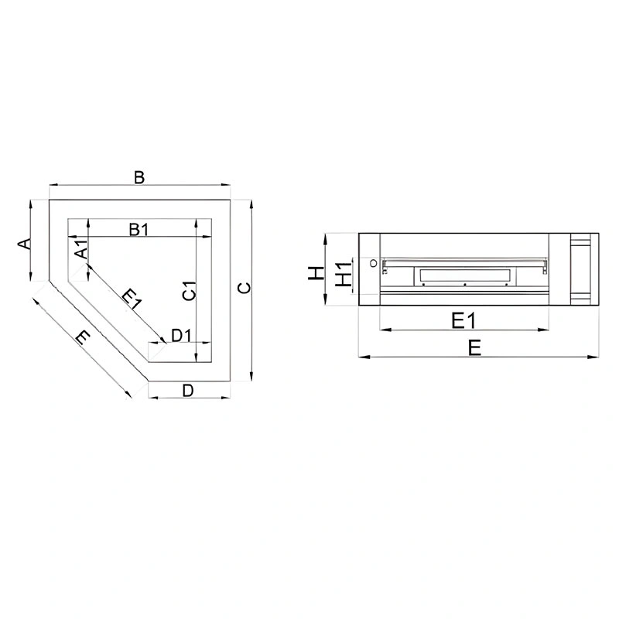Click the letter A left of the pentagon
pos(25,244)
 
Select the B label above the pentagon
pos(139,177)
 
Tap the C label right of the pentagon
pos(245,288)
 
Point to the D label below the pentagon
pos(188,391)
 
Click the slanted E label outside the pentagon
pos(84,337)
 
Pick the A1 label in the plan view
pos(82,249)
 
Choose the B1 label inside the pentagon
pos(139,229)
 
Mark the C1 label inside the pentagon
pos(190,291)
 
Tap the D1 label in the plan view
pos(181,336)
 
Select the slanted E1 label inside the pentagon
pos(132,299)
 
